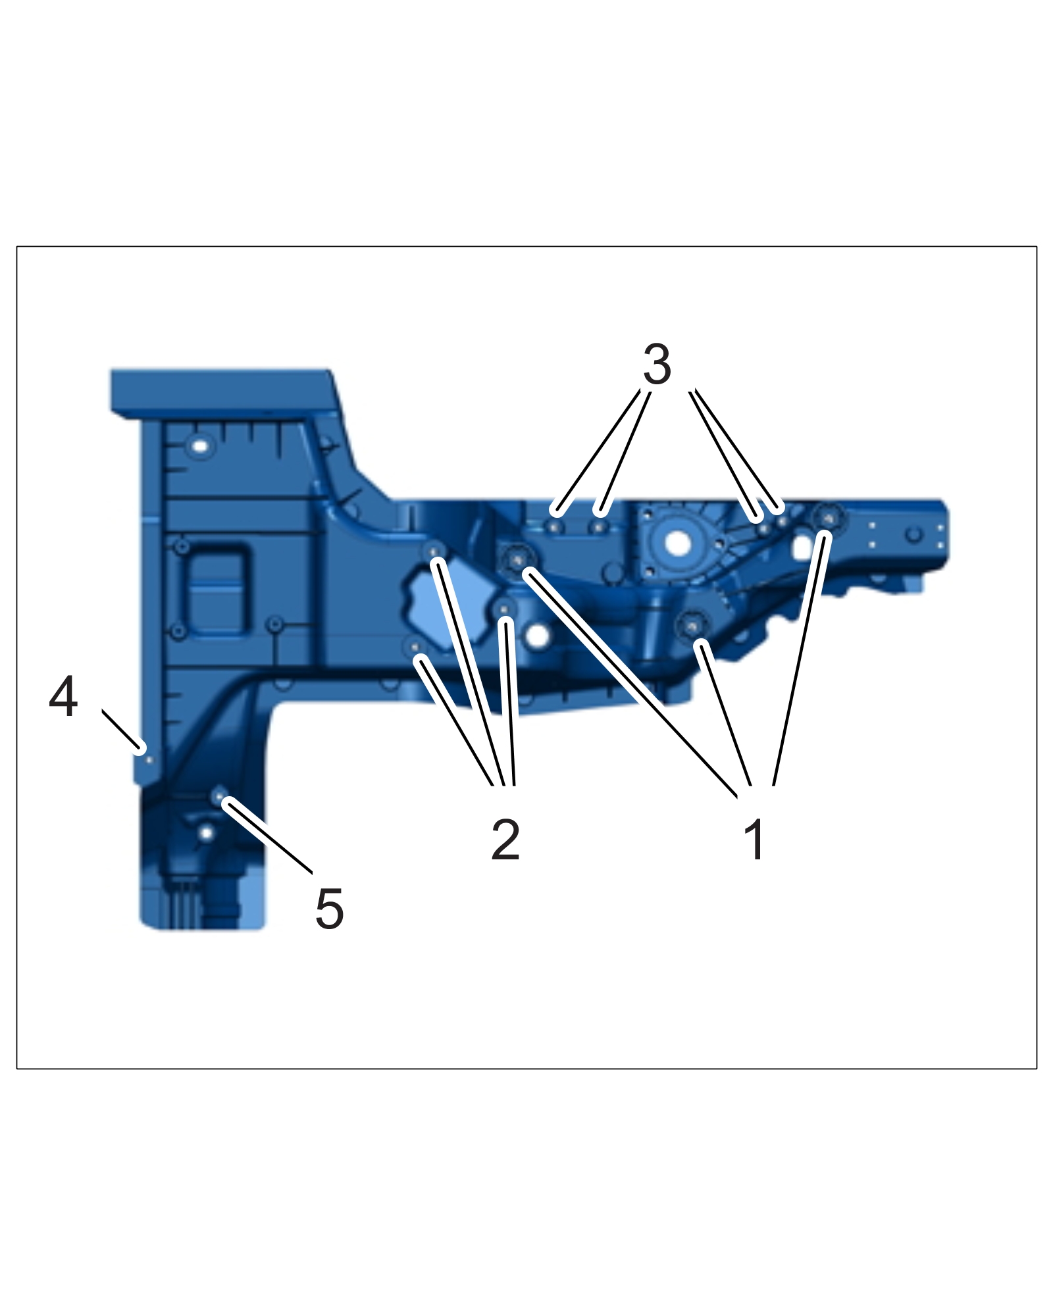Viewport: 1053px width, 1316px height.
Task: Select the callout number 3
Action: pos(657,364)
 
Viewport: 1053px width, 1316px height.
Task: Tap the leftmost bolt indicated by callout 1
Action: pos(517,559)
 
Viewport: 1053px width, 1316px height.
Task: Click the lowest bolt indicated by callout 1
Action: pos(692,626)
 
